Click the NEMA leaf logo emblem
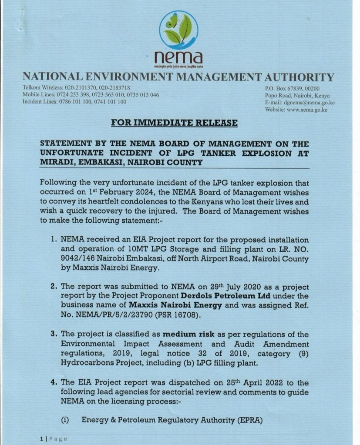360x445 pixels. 178,30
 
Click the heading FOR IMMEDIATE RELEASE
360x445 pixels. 175,123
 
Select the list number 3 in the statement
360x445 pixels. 54,335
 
